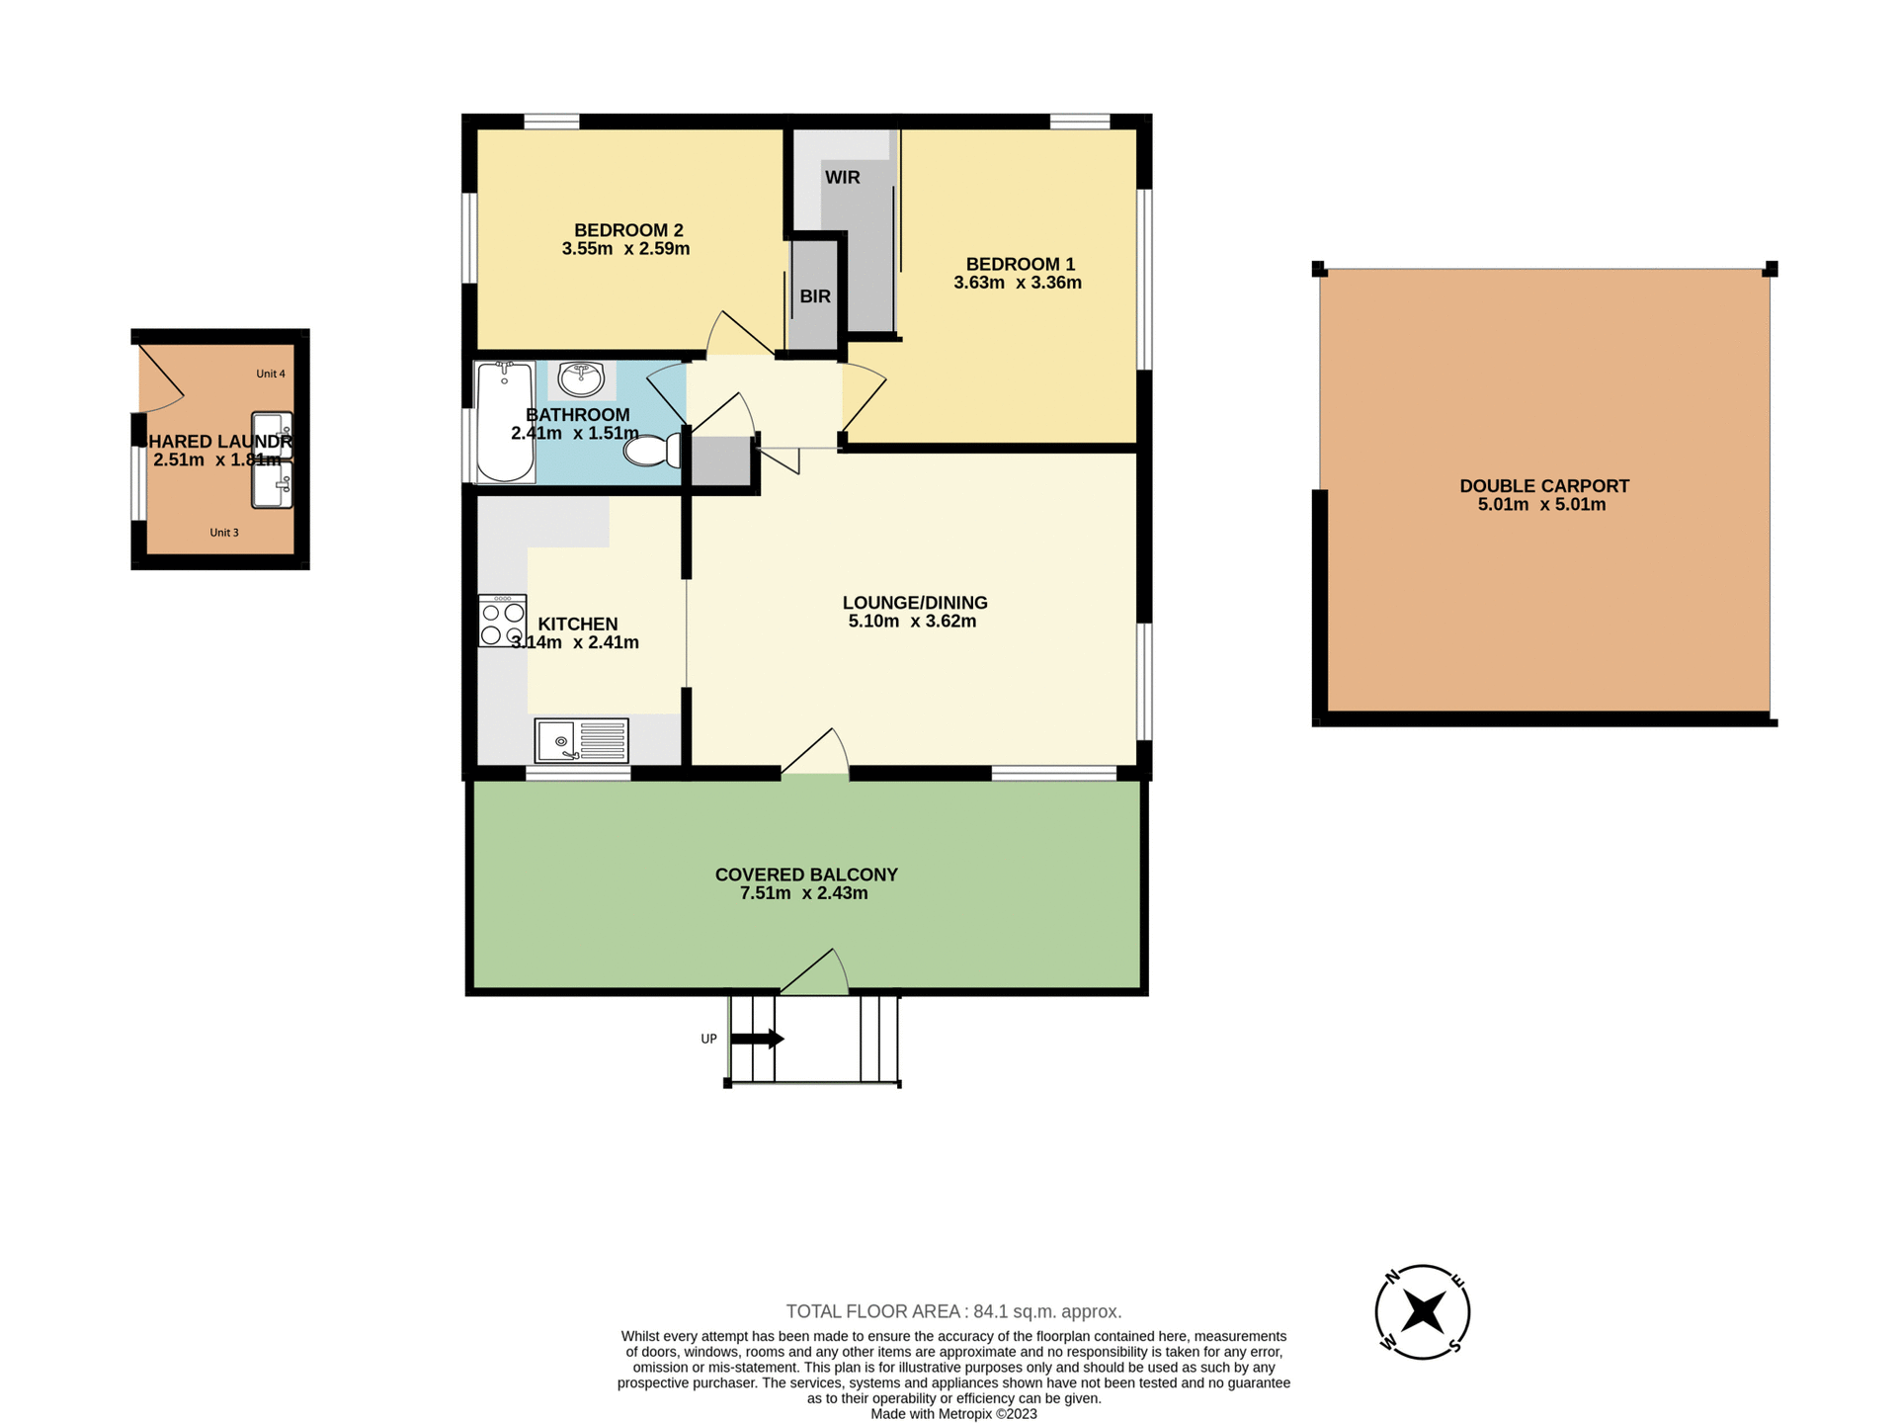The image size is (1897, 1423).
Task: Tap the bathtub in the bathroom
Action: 505,422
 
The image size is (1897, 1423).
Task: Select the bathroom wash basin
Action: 581,378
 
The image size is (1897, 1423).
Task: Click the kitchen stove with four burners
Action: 502,621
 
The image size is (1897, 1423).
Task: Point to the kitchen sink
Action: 581,740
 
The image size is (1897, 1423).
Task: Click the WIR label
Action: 842,178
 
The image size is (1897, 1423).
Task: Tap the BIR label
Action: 815,296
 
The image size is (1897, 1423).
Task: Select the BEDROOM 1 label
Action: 1020,264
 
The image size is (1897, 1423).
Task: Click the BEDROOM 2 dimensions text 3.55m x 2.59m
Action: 625,249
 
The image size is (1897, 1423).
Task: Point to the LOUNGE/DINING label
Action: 914,603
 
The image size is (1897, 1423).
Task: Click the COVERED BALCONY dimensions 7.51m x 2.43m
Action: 803,893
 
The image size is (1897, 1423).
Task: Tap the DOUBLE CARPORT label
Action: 1543,486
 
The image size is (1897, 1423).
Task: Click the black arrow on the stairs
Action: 757,1039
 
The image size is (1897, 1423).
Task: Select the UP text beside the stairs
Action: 708,1039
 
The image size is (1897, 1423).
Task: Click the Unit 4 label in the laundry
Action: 270,374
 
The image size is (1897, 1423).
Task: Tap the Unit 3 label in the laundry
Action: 224,533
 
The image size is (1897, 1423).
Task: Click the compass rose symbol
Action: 1423,1312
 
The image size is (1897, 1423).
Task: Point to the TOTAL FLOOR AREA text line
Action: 953,1311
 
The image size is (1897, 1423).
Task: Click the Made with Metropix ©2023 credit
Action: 953,1414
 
